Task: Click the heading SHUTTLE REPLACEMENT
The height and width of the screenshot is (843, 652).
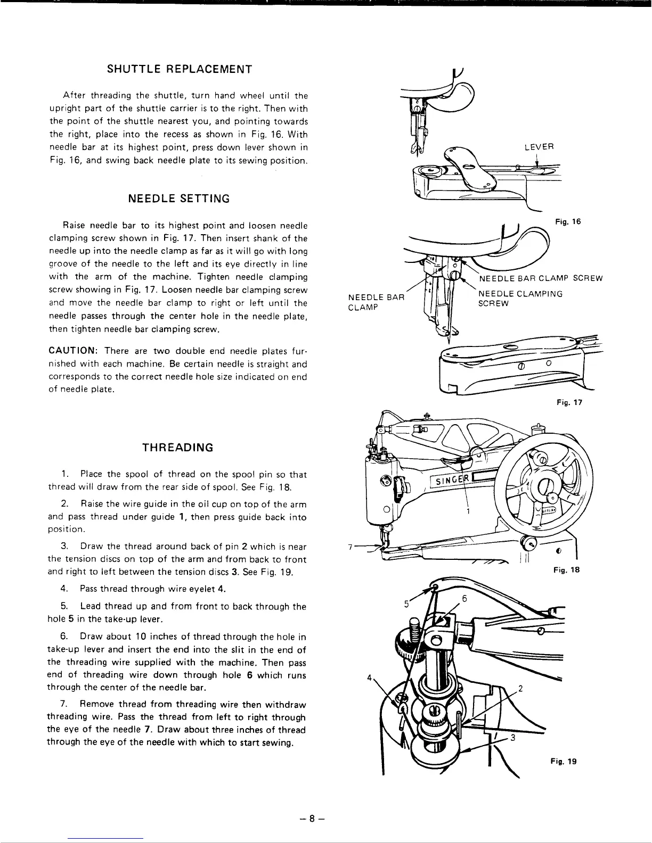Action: click(x=179, y=69)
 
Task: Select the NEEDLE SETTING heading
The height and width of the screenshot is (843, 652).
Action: click(x=179, y=199)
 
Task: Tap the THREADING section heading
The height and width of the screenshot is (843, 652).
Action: click(x=178, y=448)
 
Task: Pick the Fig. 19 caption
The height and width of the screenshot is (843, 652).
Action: click(x=564, y=761)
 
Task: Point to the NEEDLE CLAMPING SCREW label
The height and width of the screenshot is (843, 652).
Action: click(x=520, y=298)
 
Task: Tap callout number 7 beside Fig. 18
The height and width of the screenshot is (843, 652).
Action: click(x=349, y=547)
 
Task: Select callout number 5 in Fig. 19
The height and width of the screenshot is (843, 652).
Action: click(x=406, y=604)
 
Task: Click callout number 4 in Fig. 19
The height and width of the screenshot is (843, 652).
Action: click(x=369, y=679)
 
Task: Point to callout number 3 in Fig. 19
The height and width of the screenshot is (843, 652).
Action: click(x=512, y=738)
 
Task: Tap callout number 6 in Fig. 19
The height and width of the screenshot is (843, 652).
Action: click(x=464, y=599)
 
